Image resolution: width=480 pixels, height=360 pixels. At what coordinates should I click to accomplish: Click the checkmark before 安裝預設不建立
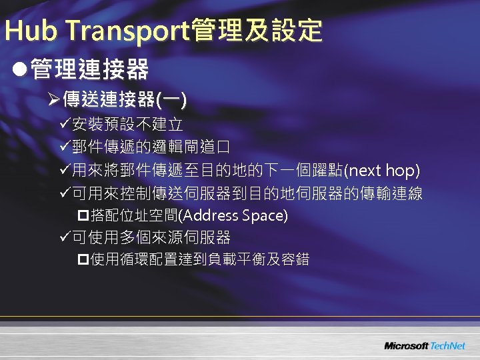[64, 125]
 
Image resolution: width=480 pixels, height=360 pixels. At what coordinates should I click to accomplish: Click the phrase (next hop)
[381, 171]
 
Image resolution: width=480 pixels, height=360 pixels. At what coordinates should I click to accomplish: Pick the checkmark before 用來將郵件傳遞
[64, 171]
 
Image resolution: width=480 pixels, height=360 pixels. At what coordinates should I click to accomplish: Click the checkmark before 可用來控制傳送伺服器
[64, 194]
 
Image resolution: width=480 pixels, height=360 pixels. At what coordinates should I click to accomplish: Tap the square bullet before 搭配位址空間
[83, 215]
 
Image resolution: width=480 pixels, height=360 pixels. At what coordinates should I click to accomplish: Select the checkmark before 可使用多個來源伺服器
[64, 237]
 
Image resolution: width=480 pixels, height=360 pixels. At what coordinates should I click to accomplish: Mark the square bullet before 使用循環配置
[83, 259]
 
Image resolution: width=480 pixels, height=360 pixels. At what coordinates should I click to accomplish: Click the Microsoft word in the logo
[406, 346]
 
